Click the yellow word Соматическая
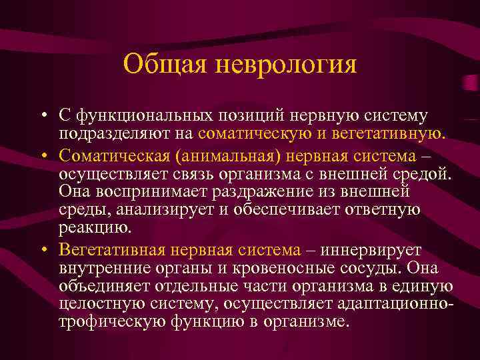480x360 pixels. coord(111,154)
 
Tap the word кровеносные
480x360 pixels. coord(273,269)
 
